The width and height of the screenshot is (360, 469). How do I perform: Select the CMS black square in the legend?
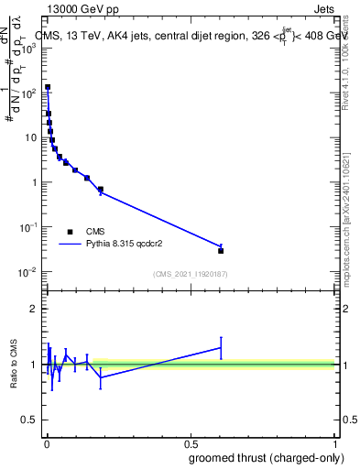[x=71, y=232]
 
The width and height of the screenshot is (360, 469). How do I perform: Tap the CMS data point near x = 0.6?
[x=221, y=250]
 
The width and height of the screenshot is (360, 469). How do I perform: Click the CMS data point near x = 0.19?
[x=101, y=190]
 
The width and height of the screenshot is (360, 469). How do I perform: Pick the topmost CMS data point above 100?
[x=48, y=87]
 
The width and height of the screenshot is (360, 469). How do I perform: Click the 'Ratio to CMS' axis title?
[x=15, y=364]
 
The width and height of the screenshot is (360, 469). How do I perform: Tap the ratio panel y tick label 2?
[x=34, y=309]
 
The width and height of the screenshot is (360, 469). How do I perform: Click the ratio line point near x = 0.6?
[x=221, y=347]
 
